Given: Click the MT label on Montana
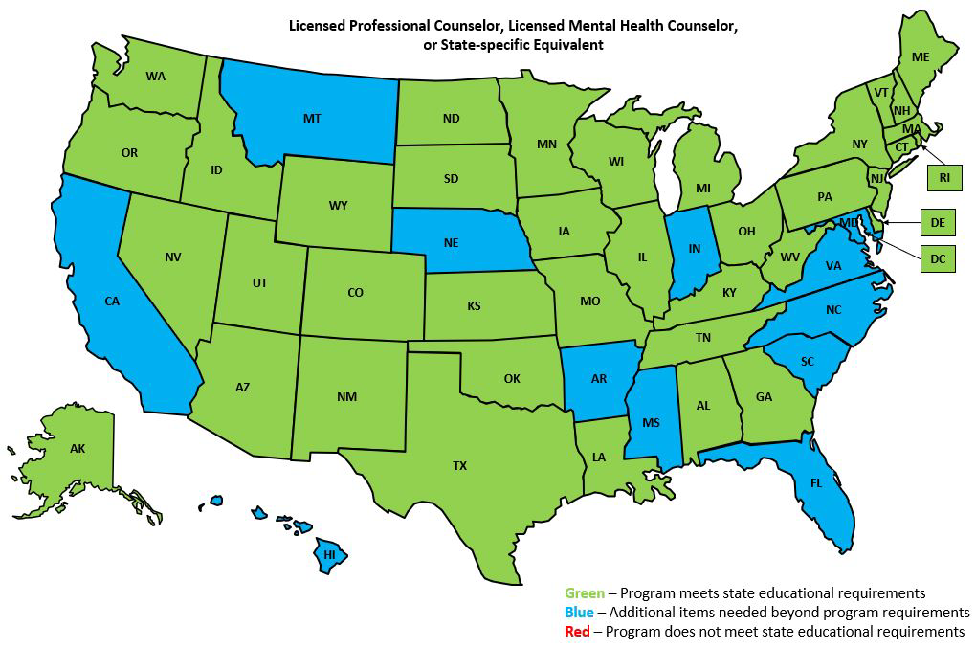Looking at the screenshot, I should [x=312, y=119].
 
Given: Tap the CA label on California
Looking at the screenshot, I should [x=112, y=302].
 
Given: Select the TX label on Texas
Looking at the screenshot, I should [x=460, y=466].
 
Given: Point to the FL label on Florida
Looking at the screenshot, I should [x=815, y=483].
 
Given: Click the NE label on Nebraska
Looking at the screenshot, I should [x=451, y=243].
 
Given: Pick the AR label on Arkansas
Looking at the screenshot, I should [x=599, y=379].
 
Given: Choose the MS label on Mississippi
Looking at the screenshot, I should [x=652, y=422].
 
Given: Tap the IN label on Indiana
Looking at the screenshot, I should [x=695, y=249].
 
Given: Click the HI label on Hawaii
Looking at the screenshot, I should [x=329, y=554].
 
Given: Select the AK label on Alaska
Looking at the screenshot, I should [x=78, y=448].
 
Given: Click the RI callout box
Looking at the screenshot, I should [x=944, y=178].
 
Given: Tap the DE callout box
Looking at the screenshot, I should [x=938, y=222].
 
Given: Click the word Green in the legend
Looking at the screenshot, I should [x=584, y=593].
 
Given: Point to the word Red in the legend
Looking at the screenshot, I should [x=577, y=632].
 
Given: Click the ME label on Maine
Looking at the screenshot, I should [x=921, y=57].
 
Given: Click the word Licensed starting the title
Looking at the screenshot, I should [x=318, y=26].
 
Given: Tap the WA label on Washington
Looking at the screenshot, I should [x=156, y=76].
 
